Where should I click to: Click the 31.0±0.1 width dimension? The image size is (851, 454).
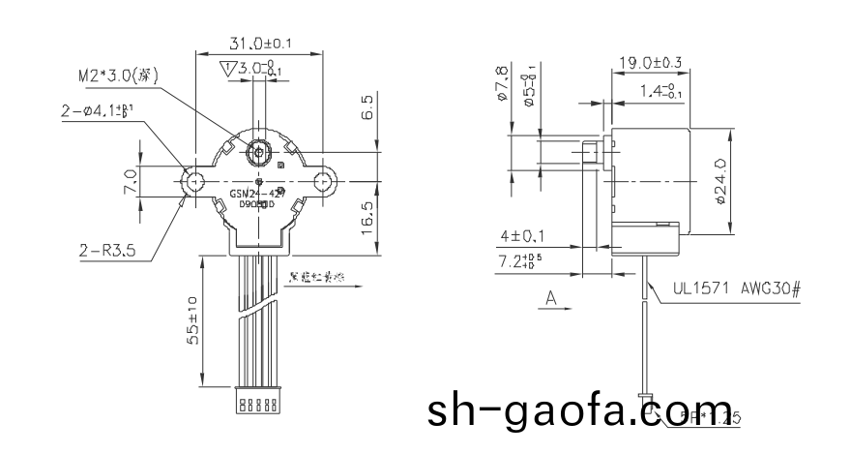coord(258,43)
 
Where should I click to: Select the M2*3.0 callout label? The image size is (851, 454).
coord(118,76)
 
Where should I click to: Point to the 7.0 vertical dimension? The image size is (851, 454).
coord(128,180)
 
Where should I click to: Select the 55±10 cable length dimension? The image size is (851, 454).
coord(192,320)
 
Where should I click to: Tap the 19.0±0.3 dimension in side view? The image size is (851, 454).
coord(649,64)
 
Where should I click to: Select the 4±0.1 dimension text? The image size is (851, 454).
coord(523,235)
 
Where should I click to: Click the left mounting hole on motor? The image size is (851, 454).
coord(194,180)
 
